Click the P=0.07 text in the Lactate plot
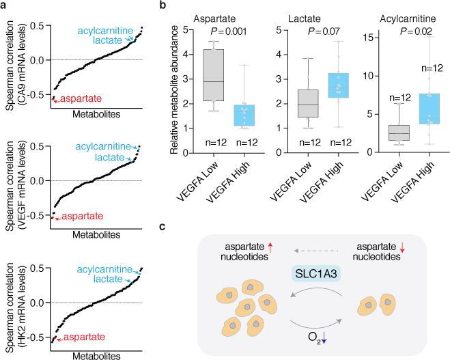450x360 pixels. (324, 31)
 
